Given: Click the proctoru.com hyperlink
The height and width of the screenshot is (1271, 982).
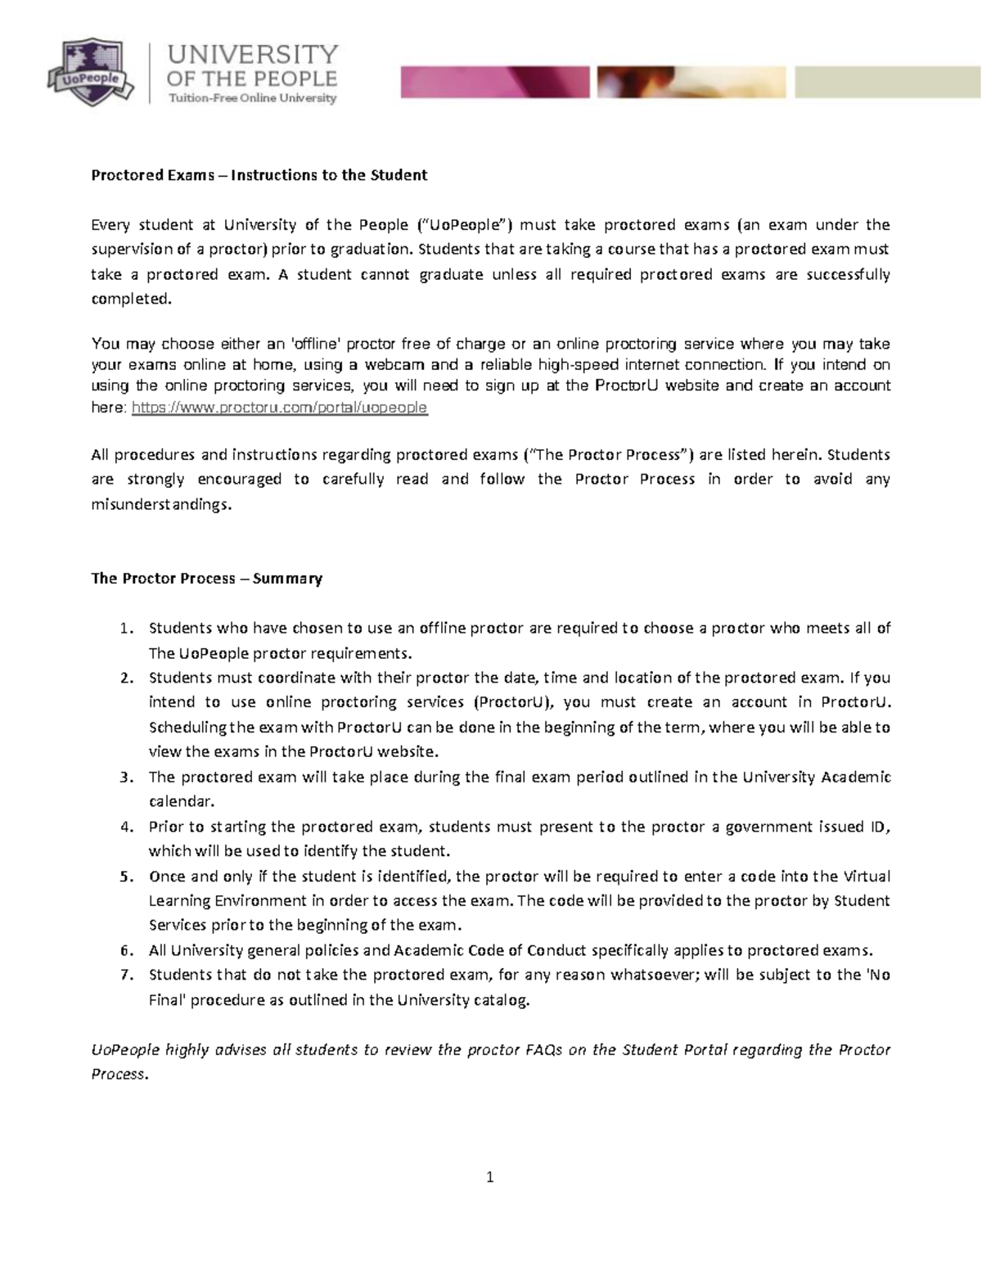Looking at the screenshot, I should (x=279, y=407).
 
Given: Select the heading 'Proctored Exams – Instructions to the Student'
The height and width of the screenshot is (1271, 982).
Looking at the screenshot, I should (x=259, y=175).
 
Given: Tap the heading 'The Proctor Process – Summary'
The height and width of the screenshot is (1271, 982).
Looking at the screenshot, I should (x=206, y=579).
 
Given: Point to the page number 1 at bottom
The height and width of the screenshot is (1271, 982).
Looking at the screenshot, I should (x=489, y=1178).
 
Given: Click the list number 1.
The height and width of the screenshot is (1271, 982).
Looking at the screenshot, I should (x=125, y=629).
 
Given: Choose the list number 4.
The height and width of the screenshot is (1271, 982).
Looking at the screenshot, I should (x=125, y=827).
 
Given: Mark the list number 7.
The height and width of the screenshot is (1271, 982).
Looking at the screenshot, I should (x=125, y=975).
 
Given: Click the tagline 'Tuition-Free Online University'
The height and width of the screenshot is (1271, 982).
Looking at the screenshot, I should (x=252, y=98).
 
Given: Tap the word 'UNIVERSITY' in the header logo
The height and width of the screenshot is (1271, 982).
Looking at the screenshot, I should (x=252, y=54).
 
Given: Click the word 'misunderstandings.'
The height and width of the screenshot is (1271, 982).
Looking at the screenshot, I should (x=161, y=504).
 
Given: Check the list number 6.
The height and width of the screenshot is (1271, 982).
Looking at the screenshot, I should (x=125, y=950).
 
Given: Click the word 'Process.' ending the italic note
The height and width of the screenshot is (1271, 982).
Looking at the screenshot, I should (x=119, y=1074).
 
